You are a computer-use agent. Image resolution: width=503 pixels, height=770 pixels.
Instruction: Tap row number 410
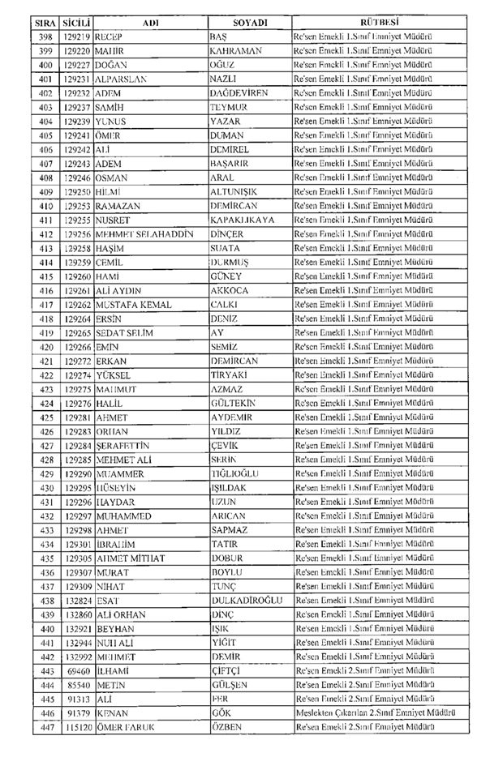point(45,206)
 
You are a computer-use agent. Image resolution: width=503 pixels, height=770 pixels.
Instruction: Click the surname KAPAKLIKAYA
point(242,220)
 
